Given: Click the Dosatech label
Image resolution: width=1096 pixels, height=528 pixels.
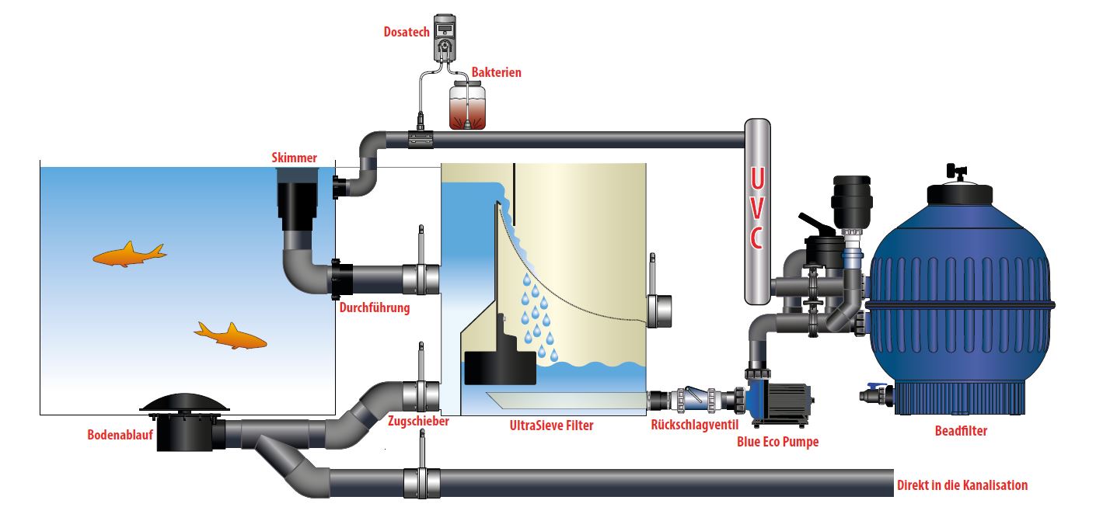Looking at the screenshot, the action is tap(407, 32).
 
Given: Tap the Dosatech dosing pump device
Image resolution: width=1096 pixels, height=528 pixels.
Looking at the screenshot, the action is tap(445, 37).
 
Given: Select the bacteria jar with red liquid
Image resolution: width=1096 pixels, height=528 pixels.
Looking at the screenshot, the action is tap(467, 105).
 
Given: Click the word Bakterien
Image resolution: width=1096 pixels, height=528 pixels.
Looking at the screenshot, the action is tap(496, 72).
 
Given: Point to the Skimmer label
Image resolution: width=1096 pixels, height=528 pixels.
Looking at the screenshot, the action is tap(294, 158).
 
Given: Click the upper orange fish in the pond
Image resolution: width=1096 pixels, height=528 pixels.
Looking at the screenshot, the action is tap(129, 255).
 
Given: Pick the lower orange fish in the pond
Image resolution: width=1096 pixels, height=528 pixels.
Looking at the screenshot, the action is tap(230, 336).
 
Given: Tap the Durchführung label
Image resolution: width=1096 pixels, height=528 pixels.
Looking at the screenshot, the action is tap(375, 307).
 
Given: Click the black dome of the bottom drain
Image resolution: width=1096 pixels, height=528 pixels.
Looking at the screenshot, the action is tap(184, 402).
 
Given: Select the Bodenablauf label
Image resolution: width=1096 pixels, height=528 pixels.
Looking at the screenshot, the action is tap(120, 435).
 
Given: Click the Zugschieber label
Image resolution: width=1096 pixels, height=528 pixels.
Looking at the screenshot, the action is tap(418, 421).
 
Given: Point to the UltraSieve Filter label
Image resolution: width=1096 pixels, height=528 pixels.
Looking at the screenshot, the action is tap(551, 426).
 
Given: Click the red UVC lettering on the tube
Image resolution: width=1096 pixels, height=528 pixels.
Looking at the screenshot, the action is tap(757, 209).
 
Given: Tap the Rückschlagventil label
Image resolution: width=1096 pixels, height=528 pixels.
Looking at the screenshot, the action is tap(694, 425).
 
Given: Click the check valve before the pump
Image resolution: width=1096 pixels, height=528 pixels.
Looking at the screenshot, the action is tap(695, 400).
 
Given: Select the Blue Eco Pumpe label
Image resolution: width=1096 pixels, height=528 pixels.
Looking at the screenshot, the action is tap(777, 442).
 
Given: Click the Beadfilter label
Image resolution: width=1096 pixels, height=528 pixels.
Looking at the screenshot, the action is tap(961, 431).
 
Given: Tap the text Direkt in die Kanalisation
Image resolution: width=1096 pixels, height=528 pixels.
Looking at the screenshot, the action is tap(962, 485).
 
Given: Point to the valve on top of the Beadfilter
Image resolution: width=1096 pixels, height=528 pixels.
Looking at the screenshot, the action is tap(958, 172).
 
